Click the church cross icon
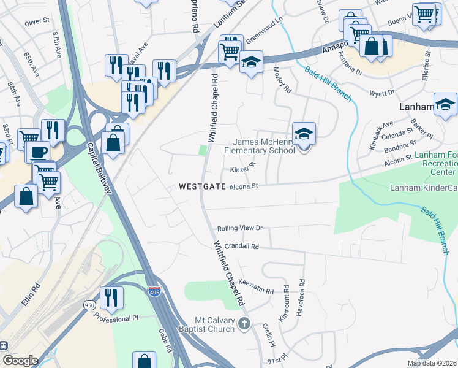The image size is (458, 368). pyautogui.click(x=244, y=323)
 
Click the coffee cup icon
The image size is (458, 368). pyautogui.click(x=38, y=151)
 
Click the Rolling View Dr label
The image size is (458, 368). pyautogui.click(x=239, y=228)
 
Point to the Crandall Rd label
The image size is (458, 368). pyautogui.click(x=242, y=246)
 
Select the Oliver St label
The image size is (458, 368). pyautogui.click(x=37, y=21)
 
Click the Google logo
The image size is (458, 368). pyautogui.click(x=20, y=361)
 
